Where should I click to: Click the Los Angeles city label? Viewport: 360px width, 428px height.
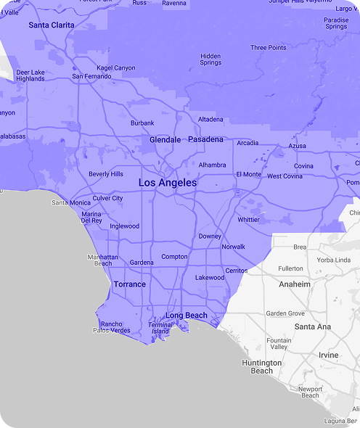(x=167, y=183)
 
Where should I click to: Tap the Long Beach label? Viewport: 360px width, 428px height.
(x=186, y=316)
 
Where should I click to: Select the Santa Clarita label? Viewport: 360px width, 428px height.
(x=52, y=25)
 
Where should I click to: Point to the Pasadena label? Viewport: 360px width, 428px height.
(x=205, y=139)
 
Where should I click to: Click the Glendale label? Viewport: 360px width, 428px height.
(x=165, y=139)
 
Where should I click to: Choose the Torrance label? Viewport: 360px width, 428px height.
(x=130, y=284)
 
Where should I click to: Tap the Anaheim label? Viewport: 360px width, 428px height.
(x=295, y=284)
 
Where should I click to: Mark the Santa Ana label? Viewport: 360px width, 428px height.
(x=313, y=327)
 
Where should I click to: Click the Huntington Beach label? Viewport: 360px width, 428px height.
(x=262, y=366)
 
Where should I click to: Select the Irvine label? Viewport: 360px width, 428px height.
(x=328, y=355)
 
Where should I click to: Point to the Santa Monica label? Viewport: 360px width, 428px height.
(x=71, y=202)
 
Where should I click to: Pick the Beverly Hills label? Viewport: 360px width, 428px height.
(x=105, y=174)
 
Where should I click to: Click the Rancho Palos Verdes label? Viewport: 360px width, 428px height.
(x=111, y=327)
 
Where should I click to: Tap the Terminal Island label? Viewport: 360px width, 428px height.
(x=160, y=328)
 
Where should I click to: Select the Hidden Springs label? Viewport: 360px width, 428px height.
(x=210, y=59)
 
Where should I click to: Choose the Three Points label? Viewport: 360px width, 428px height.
(x=269, y=48)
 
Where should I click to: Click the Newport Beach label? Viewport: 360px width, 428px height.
(x=310, y=392)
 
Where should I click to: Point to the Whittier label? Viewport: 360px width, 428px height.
(x=248, y=219)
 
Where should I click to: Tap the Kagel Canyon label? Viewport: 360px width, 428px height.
(x=116, y=67)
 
